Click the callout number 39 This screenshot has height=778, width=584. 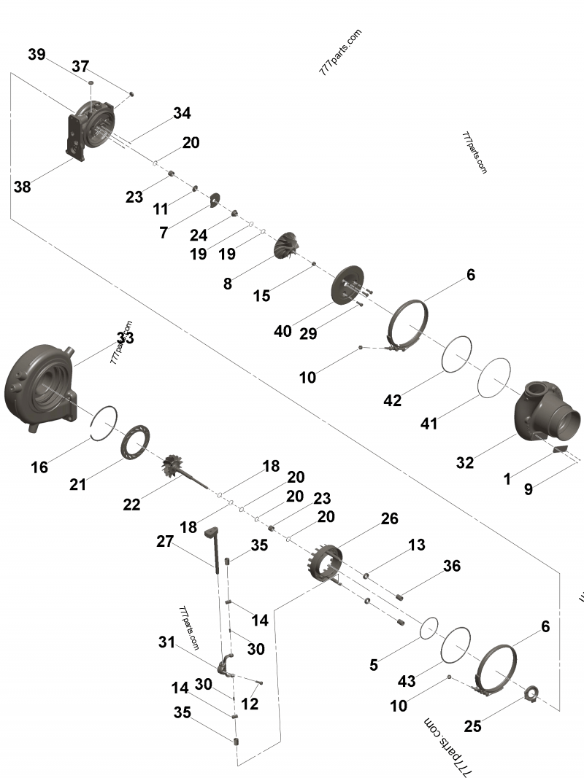point(36,55)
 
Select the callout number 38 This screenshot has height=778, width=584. point(22,187)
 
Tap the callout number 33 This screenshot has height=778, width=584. point(125,338)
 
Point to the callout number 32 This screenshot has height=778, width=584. point(465,462)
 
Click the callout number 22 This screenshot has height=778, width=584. point(131,504)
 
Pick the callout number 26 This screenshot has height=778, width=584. point(390,518)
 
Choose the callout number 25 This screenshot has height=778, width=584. point(473,726)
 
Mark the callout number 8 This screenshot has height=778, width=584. point(228,284)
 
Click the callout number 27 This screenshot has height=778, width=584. point(165,541)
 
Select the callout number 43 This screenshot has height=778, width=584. point(407,681)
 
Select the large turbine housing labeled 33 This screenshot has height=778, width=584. point(40,386)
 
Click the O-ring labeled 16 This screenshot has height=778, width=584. point(104,423)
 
